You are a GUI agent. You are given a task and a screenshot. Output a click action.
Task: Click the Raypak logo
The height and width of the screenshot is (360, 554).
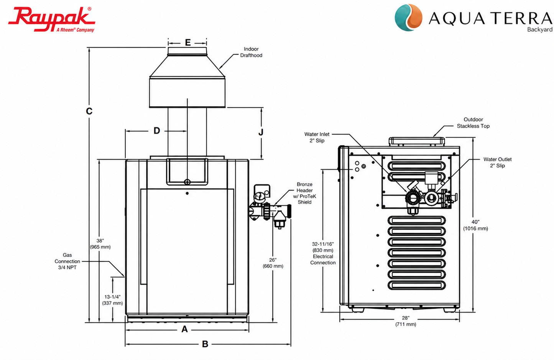click(x=51, y=19)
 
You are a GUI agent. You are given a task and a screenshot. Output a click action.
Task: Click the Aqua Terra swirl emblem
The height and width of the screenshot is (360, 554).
click(x=408, y=18)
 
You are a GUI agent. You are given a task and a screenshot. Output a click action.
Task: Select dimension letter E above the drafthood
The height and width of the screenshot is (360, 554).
click(x=188, y=43)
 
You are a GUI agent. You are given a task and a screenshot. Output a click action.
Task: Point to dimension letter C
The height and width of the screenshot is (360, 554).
click(x=89, y=111)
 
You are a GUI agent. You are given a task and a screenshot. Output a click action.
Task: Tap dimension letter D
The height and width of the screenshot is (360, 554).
click(x=156, y=131)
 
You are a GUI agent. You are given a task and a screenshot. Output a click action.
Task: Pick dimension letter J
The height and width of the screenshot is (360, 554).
click(x=261, y=132)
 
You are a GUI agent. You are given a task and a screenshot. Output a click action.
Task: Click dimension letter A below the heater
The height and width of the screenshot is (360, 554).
click(x=184, y=329)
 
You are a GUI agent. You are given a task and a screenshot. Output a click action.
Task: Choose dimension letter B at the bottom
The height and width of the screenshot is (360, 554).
click(x=205, y=344)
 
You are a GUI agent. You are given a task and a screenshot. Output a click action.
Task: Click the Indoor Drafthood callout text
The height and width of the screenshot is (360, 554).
click(x=251, y=52)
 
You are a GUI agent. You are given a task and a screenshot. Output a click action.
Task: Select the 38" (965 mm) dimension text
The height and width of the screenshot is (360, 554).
click(x=100, y=244)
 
